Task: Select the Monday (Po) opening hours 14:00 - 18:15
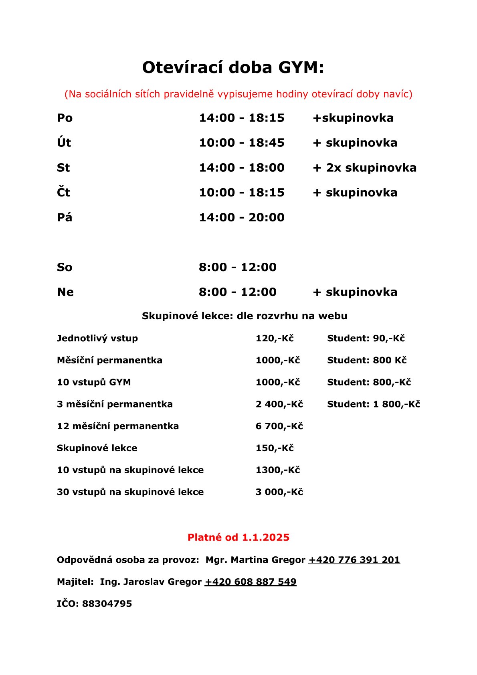[x=241, y=118]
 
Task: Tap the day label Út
[x=64, y=143]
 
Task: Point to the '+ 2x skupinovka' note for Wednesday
[x=364, y=168]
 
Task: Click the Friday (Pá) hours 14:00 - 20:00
[x=241, y=217]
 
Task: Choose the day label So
[x=64, y=267]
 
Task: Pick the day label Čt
[x=63, y=193]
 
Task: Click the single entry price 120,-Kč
[x=275, y=339]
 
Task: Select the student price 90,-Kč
[x=388, y=339]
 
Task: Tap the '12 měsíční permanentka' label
[x=118, y=426]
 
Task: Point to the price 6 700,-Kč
[x=279, y=426]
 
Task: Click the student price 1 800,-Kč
[x=396, y=404]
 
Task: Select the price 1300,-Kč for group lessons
[x=277, y=470]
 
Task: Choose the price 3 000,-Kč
[x=279, y=492]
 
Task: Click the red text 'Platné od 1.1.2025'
[x=238, y=537]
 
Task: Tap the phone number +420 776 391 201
[x=354, y=560]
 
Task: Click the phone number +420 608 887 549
[x=251, y=582]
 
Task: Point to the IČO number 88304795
[x=107, y=604]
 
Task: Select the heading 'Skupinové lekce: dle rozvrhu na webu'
[x=245, y=316]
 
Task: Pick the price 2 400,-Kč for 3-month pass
[x=279, y=404]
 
